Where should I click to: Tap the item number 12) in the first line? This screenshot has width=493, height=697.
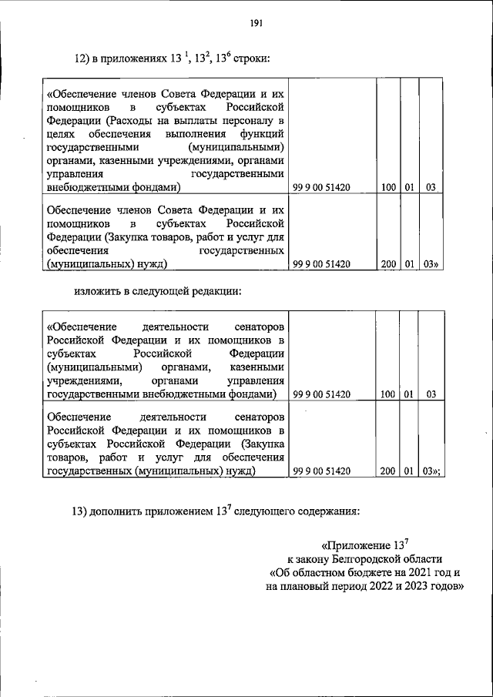82,56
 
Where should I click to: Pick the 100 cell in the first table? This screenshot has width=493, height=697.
387,187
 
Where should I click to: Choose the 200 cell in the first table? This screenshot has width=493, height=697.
387,264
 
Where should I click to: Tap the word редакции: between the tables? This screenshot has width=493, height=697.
216,292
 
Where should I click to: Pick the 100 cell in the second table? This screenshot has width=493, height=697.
387,395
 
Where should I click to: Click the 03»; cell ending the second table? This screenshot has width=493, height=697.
431,472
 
